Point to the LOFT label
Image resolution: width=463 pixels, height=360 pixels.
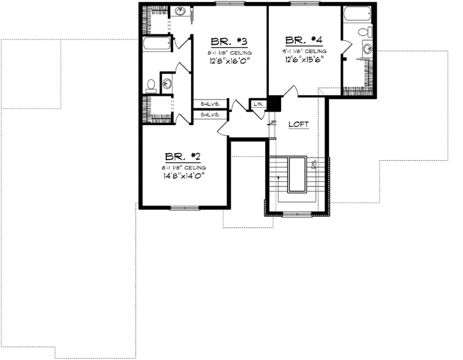pos(298,124)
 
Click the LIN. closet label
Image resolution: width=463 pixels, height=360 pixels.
pos(258,103)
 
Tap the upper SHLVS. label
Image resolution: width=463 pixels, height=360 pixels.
pos(210,103)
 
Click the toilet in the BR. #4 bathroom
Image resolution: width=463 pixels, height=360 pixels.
pos(363,32)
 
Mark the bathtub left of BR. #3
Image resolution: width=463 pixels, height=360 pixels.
pos(156,45)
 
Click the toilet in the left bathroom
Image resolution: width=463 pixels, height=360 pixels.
pos(151,84)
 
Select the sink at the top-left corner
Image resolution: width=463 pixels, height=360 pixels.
pos(181,11)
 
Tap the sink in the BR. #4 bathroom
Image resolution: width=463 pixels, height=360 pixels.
pos(368,48)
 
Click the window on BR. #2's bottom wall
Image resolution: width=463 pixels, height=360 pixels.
pos(185,207)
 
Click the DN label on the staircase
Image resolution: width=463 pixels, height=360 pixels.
pos(314,165)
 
